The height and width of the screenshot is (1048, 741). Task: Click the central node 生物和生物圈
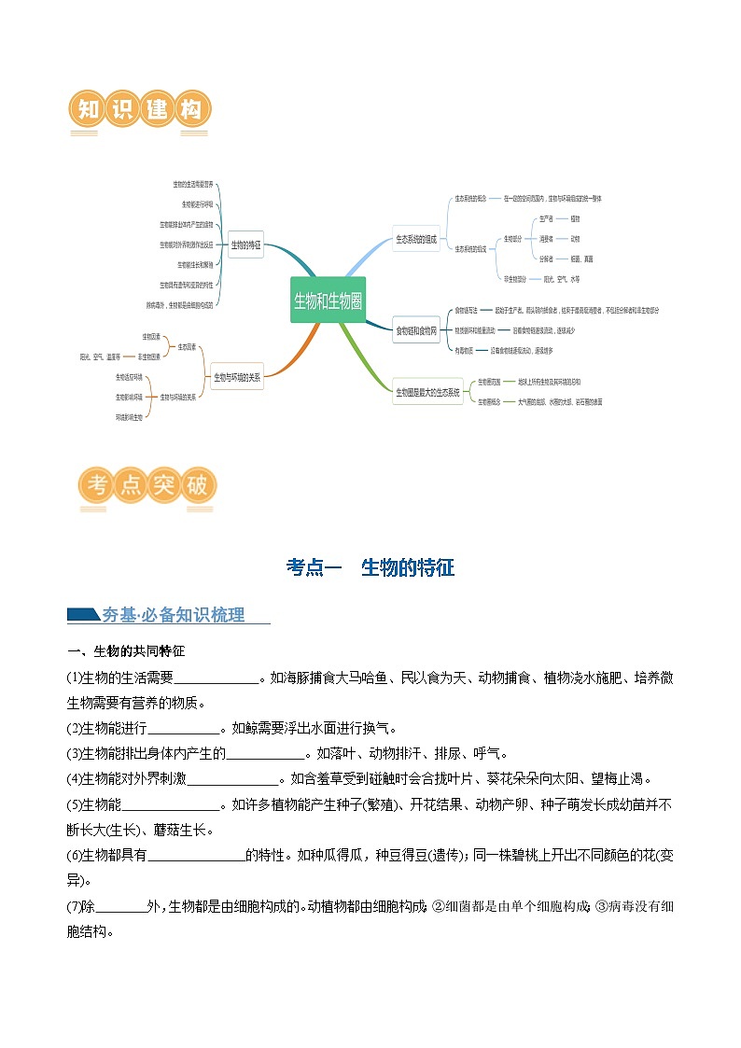[328, 300]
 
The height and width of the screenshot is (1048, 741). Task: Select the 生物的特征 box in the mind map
[245, 245]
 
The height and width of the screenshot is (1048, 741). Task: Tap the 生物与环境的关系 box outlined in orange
[237, 378]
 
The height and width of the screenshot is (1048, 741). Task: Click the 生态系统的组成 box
[415, 239]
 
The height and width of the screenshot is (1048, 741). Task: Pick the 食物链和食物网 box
[416, 329]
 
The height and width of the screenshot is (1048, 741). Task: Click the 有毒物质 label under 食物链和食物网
[464, 350]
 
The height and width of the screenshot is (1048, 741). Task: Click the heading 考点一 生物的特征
[370, 567]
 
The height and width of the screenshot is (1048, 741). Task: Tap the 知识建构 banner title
[141, 110]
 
